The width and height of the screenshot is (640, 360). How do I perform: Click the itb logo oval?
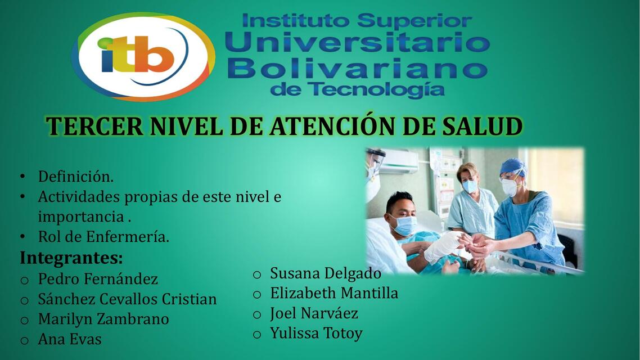[x=143, y=56]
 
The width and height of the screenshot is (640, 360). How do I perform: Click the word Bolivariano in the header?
[x=358, y=70]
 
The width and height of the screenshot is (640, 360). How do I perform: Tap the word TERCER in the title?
[x=94, y=127]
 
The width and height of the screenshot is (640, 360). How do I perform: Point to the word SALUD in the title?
[x=482, y=127]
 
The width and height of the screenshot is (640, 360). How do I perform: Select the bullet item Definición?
[x=75, y=177]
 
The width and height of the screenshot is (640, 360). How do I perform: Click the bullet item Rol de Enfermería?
[x=103, y=237]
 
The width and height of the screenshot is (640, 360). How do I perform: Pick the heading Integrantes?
[x=71, y=258]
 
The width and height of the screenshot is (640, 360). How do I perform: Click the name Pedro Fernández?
[x=98, y=279]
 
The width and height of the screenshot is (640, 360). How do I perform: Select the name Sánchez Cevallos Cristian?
[x=127, y=299]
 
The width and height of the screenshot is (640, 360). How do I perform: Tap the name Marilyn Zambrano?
[x=103, y=319]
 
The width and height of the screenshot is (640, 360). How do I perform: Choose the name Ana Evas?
[x=70, y=340]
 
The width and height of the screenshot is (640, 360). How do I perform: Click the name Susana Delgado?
[x=326, y=274]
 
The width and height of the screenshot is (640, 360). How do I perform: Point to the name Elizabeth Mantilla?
[x=334, y=294]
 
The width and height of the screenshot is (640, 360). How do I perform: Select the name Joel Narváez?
[x=314, y=314]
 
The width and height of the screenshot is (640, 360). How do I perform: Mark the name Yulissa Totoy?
[x=316, y=334]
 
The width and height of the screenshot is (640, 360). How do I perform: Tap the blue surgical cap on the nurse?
[x=512, y=166]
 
